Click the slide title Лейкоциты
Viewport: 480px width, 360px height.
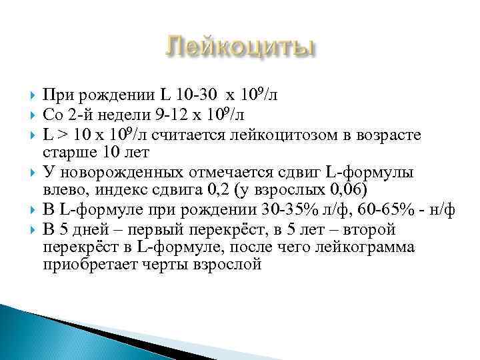239,49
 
